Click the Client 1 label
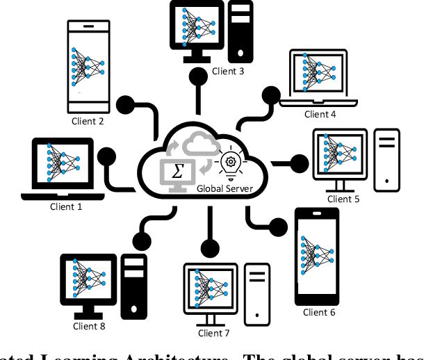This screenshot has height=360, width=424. coord(65,206)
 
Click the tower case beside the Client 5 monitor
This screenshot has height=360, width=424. coord(387,159)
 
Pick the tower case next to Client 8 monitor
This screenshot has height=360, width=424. coord(133,286)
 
